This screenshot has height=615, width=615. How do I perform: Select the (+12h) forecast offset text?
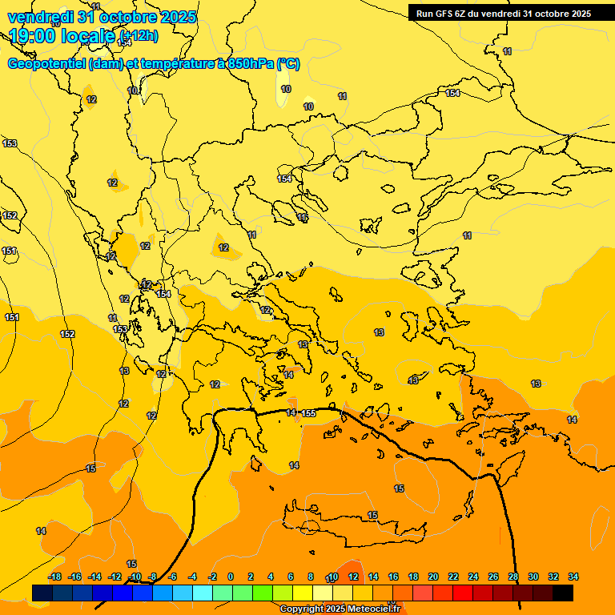(x=139, y=36)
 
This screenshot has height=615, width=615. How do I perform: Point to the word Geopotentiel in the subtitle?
(x=47, y=64)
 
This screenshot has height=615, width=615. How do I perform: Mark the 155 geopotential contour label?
(x=309, y=413)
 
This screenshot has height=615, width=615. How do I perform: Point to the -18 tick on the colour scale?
(x=54, y=577)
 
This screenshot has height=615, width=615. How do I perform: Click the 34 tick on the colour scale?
(x=573, y=577)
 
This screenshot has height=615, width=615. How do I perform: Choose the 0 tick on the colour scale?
(x=231, y=577)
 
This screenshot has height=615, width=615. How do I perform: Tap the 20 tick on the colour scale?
(x=433, y=577)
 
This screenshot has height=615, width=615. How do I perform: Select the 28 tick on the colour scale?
(x=512, y=577)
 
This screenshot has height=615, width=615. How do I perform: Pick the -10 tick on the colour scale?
(x=135, y=577)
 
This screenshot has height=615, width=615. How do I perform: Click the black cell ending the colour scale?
(x=563, y=593)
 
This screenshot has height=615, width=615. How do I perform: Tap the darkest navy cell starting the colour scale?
(x=42, y=593)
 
